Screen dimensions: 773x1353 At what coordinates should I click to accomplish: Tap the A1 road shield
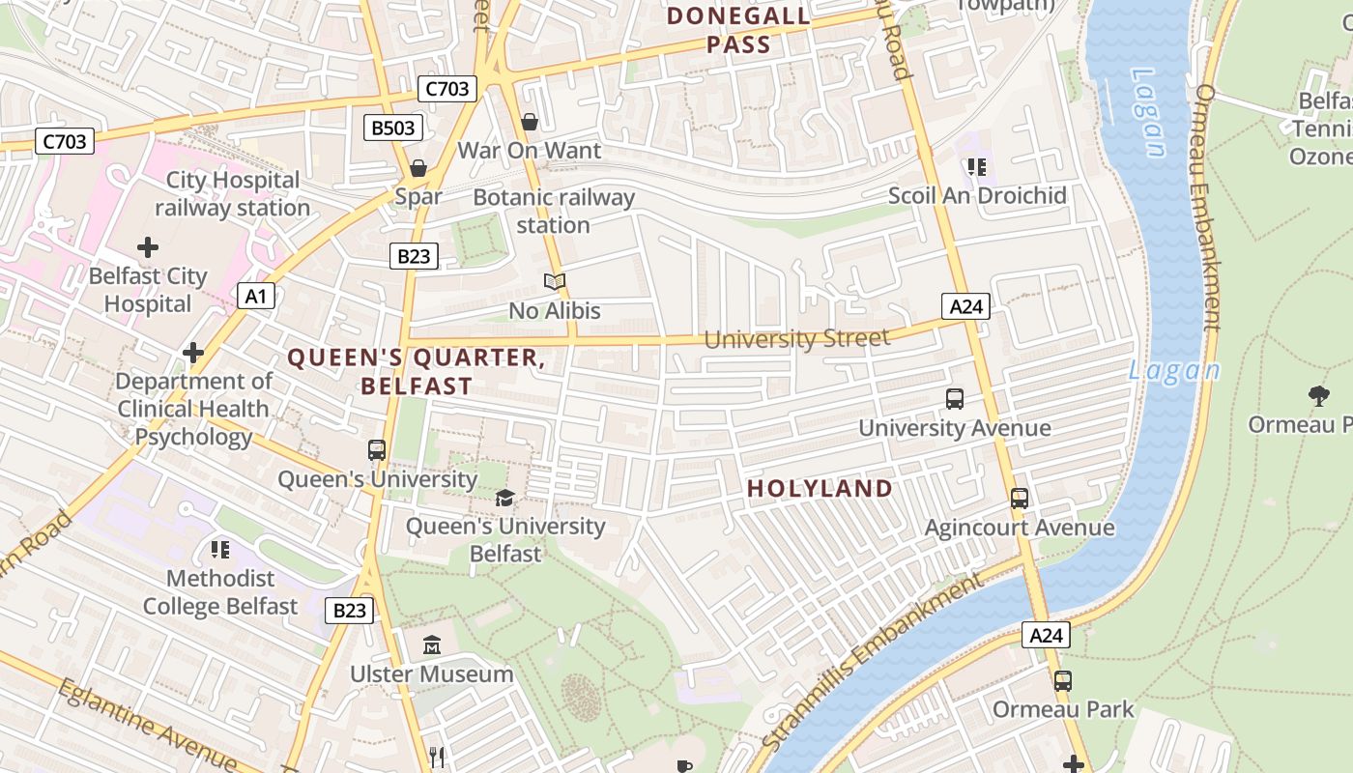coord(256,296)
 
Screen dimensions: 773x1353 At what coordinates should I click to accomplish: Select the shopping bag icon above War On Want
coord(530,122)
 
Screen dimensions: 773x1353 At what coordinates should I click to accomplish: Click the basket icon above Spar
coord(418,168)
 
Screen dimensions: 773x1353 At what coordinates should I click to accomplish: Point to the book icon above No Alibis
coord(554,281)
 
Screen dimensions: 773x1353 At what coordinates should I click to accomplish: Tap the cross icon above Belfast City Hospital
coord(148,247)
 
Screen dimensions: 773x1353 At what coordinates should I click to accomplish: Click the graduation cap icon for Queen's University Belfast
coord(504,498)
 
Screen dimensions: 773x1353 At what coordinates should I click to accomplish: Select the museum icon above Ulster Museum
coord(431,644)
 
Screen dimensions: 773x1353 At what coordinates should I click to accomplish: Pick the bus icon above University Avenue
coord(955,398)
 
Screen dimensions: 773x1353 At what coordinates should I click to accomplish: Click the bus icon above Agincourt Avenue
coord(1020,499)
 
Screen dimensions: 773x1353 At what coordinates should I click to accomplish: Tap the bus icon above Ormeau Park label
coord(1063,680)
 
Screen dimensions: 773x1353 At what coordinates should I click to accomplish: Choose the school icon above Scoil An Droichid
coord(978,167)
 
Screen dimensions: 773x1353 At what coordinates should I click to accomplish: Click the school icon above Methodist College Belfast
coord(220,550)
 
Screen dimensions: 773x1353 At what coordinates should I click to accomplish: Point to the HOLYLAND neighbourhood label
coord(820,488)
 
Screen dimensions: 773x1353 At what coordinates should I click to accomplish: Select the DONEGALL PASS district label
coord(738,30)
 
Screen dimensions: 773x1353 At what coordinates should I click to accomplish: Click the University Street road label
coord(796,338)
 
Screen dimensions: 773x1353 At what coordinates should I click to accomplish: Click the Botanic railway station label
coord(554,212)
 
